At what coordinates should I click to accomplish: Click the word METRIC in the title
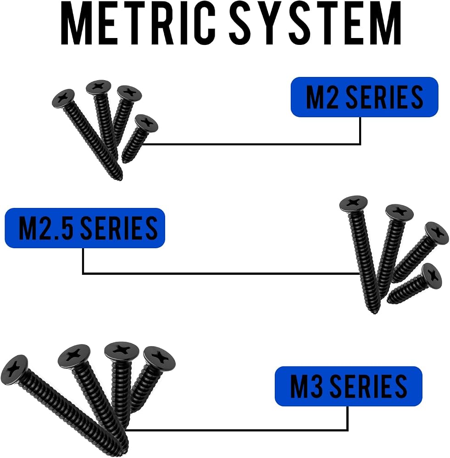[x=138, y=23]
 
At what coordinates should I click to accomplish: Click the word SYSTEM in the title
[x=315, y=23]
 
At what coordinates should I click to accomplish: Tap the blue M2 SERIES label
[x=364, y=97]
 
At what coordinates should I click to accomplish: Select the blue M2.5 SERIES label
[x=85, y=228]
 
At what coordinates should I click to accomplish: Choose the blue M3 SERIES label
[x=349, y=386]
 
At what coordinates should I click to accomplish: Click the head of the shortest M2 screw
[x=146, y=123]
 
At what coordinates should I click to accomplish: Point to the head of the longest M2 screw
[x=63, y=98]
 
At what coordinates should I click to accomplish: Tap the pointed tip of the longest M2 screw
[x=120, y=178]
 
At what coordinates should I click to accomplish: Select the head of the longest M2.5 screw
[x=354, y=204]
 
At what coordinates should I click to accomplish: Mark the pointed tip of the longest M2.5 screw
[x=374, y=312]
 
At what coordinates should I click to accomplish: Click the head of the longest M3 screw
[x=14, y=370]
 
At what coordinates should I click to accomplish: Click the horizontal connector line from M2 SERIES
[x=251, y=144]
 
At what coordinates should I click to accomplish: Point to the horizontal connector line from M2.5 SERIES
[x=221, y=274]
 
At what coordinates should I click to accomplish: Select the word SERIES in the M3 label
[x=371, y=386]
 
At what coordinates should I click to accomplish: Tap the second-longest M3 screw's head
[x=74, y=356]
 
